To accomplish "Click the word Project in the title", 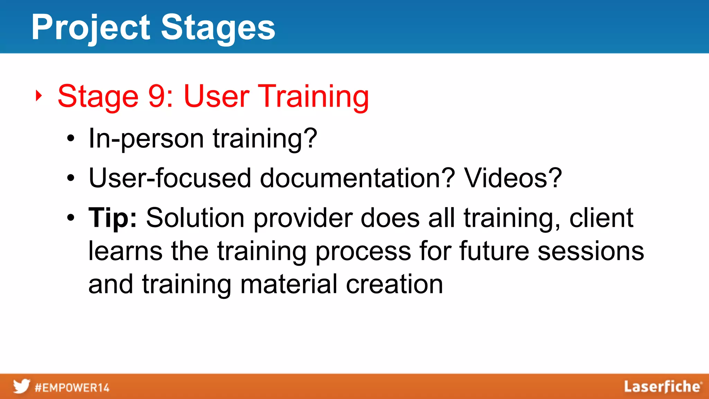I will tap(91, 28).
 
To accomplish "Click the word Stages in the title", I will tap(218, 28).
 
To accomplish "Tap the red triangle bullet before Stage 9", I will tap(39, 96).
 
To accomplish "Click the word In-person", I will tap(146, 139).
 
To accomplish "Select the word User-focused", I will tap(170, 178).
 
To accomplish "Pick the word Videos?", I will tap(513, 178).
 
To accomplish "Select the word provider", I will tap(303, 218).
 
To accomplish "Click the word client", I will tap(601, 218).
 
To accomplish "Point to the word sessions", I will tap(591, 251).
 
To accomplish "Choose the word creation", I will tap(394, 284).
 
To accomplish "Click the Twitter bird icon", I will tap(21, 387).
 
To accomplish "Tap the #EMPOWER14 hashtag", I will tap(72, 388).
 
